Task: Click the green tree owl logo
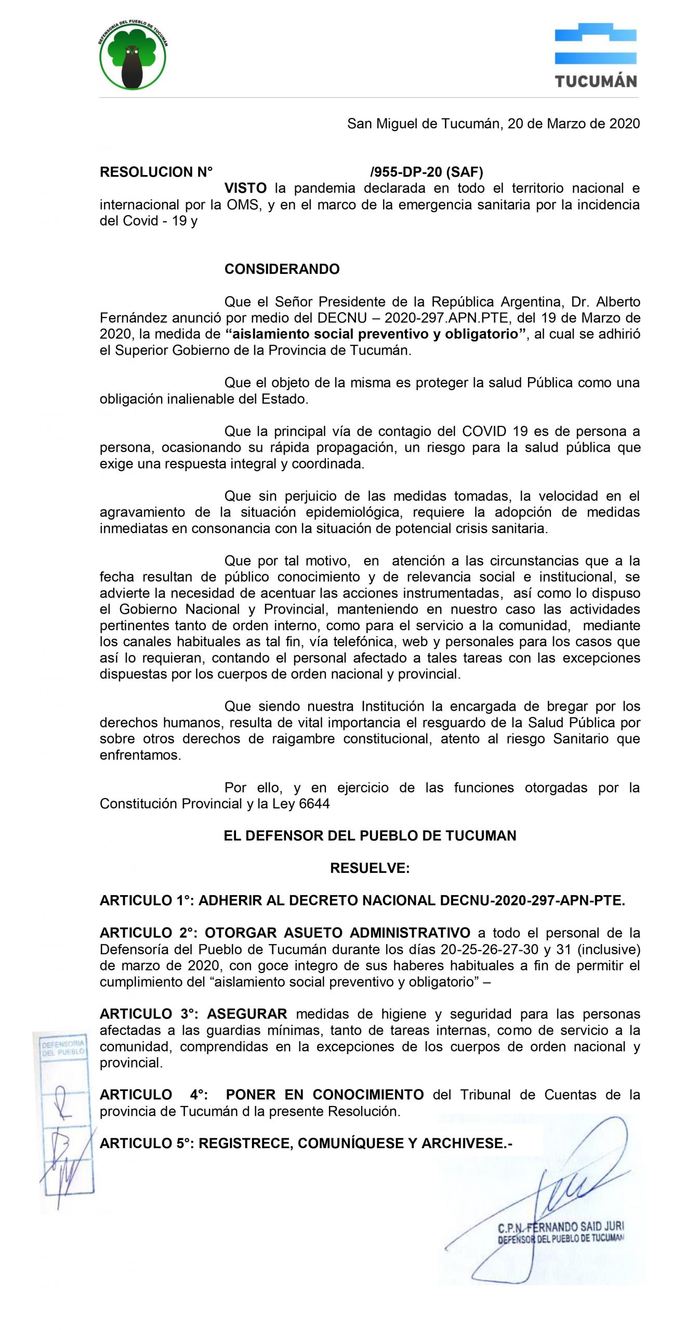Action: click(133, 56)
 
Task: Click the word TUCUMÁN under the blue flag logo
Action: click(596, 82)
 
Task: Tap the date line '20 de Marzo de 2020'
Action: click(573, 124)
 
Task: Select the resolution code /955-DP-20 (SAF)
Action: click(427, 172)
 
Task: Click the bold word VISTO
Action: click(245, 188)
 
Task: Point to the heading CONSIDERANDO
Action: click(282, 269)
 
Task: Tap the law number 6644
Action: click(314, 804)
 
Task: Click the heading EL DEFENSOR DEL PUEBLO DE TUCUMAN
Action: click(370, 836)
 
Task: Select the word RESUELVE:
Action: click(370, 868)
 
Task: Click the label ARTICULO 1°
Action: click(146, 901)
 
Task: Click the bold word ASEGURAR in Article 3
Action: click(247, 1014)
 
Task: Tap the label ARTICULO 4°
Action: click(154, 1095)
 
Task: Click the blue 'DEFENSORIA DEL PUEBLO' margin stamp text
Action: click(63, 1048)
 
